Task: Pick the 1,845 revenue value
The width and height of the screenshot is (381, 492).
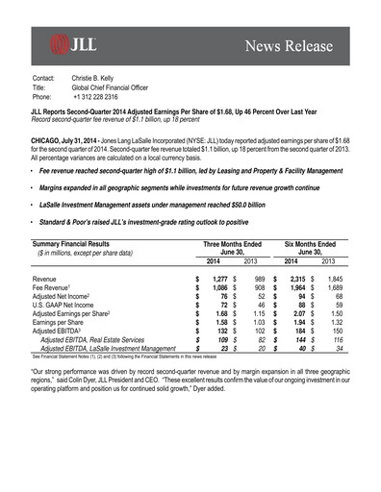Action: coord(325,277)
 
